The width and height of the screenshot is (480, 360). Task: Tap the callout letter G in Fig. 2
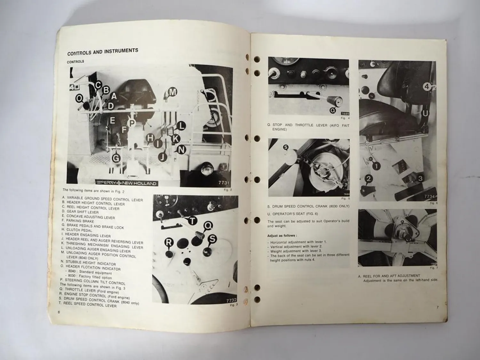click(116, 158)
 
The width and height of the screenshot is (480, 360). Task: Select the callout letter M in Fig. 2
click(173, 92)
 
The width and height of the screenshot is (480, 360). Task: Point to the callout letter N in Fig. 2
click(181, 149)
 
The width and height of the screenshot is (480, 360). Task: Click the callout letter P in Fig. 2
click(131, 123)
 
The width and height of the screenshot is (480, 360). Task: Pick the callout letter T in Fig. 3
click(192, 221)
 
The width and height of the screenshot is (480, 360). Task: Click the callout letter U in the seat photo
click(425, 113)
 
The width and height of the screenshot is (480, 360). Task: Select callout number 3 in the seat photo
click(420, 178)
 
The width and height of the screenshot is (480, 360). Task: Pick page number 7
click(437, 308)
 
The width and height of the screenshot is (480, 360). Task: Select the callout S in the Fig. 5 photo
click(286, 148)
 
